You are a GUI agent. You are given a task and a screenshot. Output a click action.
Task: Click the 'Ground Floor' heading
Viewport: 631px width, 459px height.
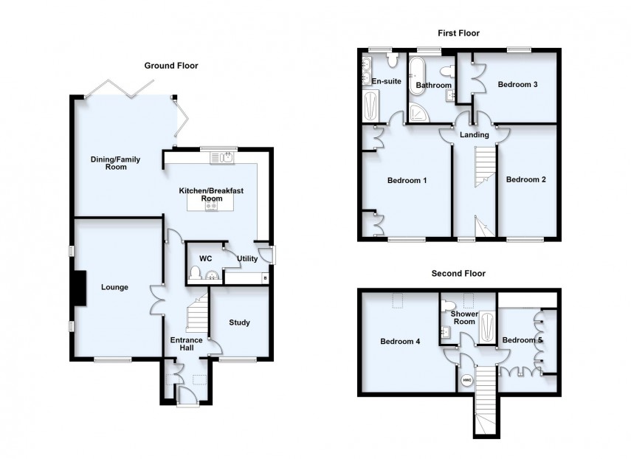tap(170, 66)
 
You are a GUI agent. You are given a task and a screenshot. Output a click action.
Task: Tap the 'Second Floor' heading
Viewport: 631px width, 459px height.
tap(458, 273)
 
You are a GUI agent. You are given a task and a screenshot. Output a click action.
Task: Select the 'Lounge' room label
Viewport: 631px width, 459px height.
tap(115, 287)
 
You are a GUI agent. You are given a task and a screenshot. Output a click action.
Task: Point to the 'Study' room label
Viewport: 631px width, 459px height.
tap(239, 322)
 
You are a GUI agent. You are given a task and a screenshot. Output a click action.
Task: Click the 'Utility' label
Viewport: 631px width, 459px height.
tap(247, 259)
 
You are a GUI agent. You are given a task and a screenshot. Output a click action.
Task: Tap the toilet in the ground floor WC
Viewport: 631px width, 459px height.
tap(195, 275)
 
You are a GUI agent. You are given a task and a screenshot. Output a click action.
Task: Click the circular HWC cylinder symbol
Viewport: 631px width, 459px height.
tap(466, 381)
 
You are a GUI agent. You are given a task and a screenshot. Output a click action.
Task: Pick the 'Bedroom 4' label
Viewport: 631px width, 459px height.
tap(400, 342)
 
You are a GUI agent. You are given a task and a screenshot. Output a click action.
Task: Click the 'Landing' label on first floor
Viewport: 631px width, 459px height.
tap(473, 135)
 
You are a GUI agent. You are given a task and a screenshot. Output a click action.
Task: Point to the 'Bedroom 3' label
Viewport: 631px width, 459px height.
tap(517, 85)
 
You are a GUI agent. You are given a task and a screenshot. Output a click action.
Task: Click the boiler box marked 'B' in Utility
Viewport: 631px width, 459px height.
tap(264, 278)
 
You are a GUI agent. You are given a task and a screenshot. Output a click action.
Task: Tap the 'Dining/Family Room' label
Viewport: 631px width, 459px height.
tap(115, 163)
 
